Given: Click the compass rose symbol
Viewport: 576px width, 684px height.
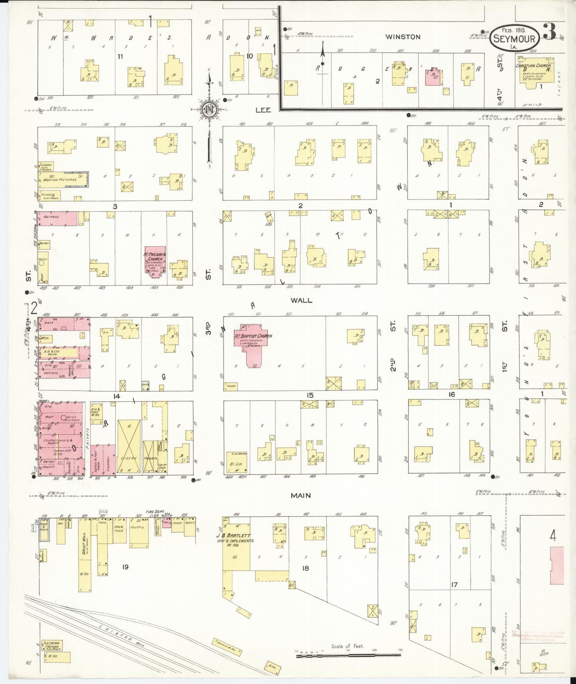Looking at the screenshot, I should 208,109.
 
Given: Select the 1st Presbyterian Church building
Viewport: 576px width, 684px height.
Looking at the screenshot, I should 153,260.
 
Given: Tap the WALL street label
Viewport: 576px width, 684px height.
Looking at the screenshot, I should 301,300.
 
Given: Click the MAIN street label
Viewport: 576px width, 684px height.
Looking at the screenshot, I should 301,496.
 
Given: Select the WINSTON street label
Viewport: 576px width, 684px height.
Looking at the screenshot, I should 403,37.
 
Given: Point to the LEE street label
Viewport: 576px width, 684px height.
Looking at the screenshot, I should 263,110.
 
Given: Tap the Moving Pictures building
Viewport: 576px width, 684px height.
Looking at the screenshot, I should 62,180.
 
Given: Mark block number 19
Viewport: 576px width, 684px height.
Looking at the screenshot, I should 125,567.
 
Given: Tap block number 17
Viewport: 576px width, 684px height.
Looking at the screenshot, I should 454,585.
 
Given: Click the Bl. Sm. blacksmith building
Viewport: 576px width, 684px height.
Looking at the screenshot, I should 237,463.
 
